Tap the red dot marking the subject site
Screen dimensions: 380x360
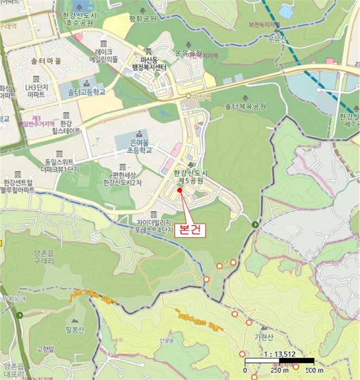(x=180, y=191)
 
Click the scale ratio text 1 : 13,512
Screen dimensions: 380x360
(x=279, y=354)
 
